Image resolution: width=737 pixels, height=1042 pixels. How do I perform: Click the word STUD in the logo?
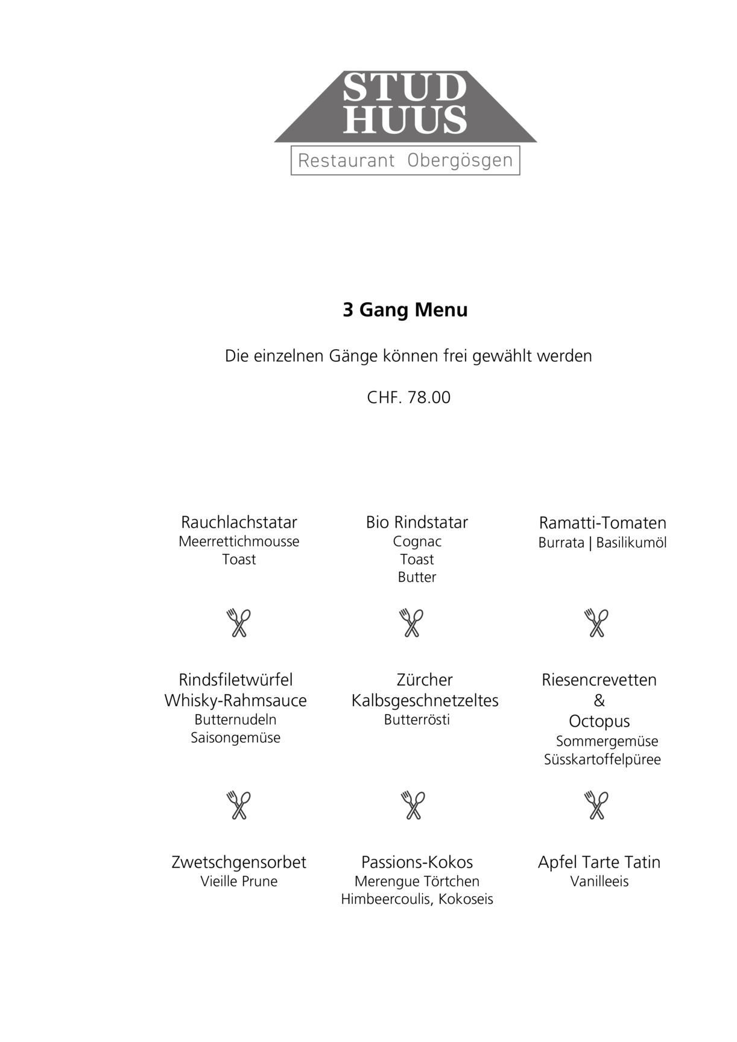pos(405,88)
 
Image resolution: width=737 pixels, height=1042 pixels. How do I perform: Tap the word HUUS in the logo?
pos(405,119)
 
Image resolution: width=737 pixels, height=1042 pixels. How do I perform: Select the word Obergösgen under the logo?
pos(460,161)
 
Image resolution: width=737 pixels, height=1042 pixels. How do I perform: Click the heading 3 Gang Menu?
pos(405,310)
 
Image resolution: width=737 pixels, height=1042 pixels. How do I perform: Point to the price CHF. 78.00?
pos(408,397)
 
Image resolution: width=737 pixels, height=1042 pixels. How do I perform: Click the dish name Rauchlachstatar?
pos(239,522)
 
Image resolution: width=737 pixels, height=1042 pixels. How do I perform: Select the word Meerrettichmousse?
pos(239,542)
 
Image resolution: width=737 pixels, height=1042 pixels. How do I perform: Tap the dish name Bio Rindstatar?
pos(417,522)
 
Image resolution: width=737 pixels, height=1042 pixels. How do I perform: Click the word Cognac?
pos(417,542)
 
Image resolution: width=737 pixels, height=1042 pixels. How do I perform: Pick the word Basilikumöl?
pos(631,543)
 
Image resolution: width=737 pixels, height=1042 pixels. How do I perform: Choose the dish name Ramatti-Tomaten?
pos(603,523)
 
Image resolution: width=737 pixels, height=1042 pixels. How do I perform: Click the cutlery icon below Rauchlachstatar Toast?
pos(239,623)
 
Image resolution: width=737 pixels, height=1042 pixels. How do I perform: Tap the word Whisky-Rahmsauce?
pos(235,701)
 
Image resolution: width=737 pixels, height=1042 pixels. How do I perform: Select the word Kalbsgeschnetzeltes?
pos(425,701)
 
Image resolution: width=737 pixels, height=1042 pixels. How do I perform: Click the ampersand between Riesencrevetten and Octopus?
pos(599,701)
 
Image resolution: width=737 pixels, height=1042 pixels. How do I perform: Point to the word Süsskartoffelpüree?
pos(602,760)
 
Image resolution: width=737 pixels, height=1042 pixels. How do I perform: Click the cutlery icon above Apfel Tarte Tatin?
pos(597,805)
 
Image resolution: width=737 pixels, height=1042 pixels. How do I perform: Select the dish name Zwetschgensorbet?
pos(239,862)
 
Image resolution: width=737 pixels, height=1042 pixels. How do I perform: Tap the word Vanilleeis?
pos(599,882)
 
